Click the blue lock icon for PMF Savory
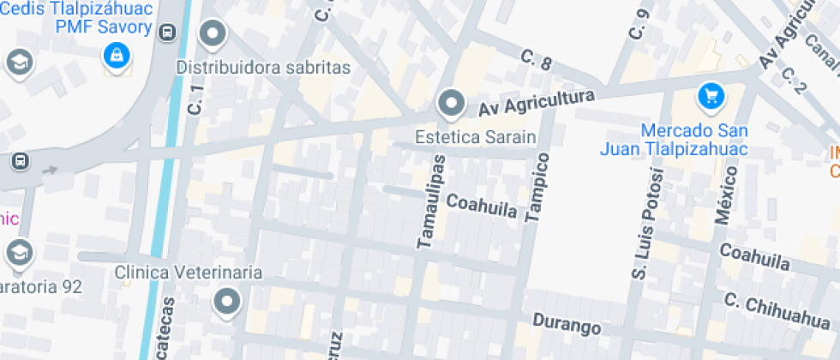pos(114,57)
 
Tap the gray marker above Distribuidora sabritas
pos(213,35)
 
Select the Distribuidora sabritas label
pos(264,67)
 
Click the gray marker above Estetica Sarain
pos(450,105)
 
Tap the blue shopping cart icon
pos(711,96)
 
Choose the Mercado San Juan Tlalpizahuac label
pos(695,141)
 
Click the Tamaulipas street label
pos(431,202)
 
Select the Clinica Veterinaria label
pos(189,273)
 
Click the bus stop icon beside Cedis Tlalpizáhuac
pos(167,33)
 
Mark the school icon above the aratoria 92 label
pos(18,251)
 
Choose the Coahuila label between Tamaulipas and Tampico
pos(481,206)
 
